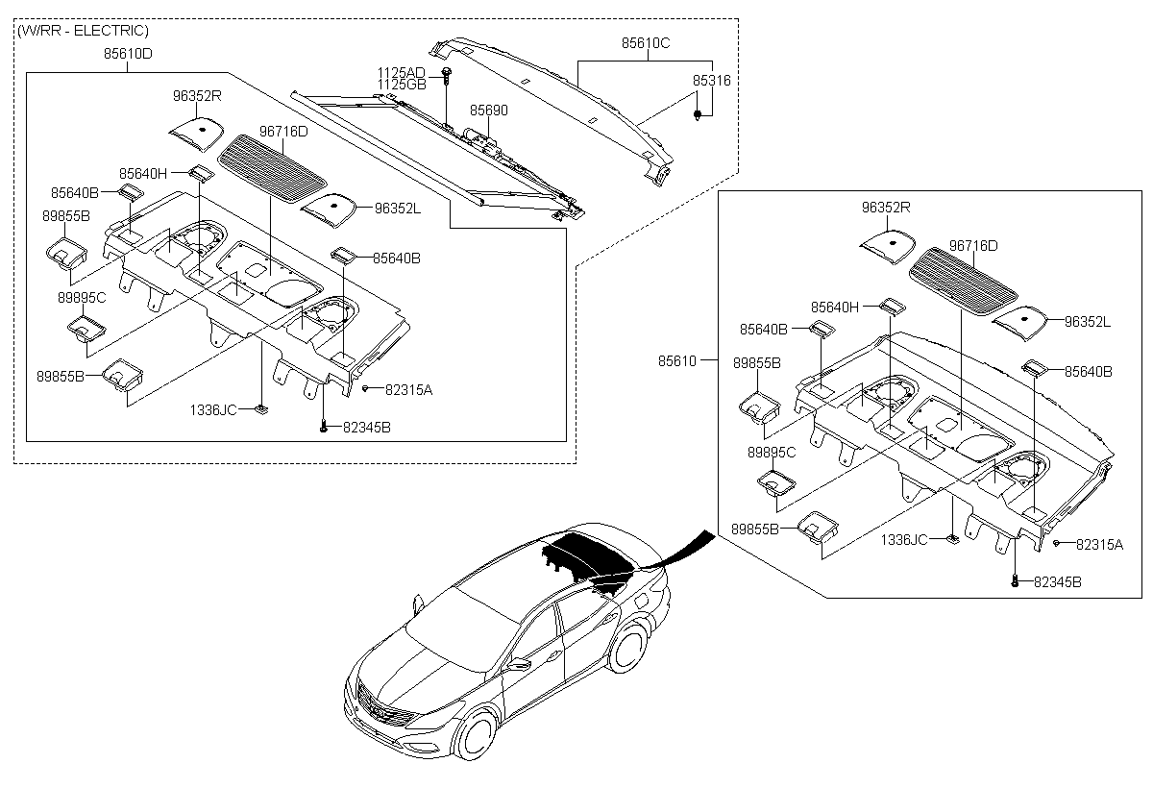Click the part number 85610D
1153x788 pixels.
[x=128, y=54]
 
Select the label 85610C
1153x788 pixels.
[x=645, y=43]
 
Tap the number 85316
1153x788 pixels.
[x=712, y=82]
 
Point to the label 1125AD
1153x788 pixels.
[x=401, y=73]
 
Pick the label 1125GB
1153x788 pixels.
[x=401, y=86]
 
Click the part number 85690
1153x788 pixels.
[x=488, y=111]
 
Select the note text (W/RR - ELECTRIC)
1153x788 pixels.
[x=83, y=31]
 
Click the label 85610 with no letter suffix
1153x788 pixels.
[x=676, y=361]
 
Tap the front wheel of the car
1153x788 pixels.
[x=477, y=735]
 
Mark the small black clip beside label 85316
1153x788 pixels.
[x=697, y=114]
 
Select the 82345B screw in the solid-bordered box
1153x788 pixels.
[x=1016, y=580]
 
